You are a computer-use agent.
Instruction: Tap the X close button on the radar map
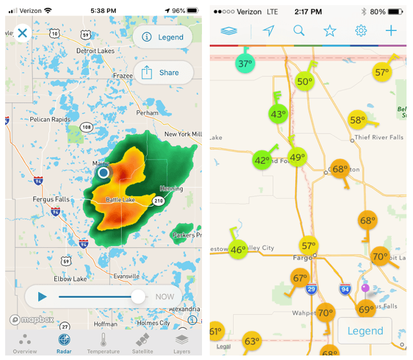(23, 33)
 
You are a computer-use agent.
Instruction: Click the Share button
(163, 73)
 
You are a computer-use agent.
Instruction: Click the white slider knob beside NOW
(138, 297)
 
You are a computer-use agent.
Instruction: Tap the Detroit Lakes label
(95, 51)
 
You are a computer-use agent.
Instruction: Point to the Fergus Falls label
(51, 199)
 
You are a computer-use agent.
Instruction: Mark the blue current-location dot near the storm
(103, 172)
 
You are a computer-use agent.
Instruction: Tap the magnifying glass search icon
(298, 30)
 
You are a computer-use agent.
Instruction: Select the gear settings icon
(361, 30)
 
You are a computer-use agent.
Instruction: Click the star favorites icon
(329, 30)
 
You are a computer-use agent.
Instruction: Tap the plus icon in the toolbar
(391, 30)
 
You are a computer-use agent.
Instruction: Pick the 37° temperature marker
(245, 63)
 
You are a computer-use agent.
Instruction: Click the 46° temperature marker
(238, 249)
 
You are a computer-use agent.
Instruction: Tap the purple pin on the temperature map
(366, 288)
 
